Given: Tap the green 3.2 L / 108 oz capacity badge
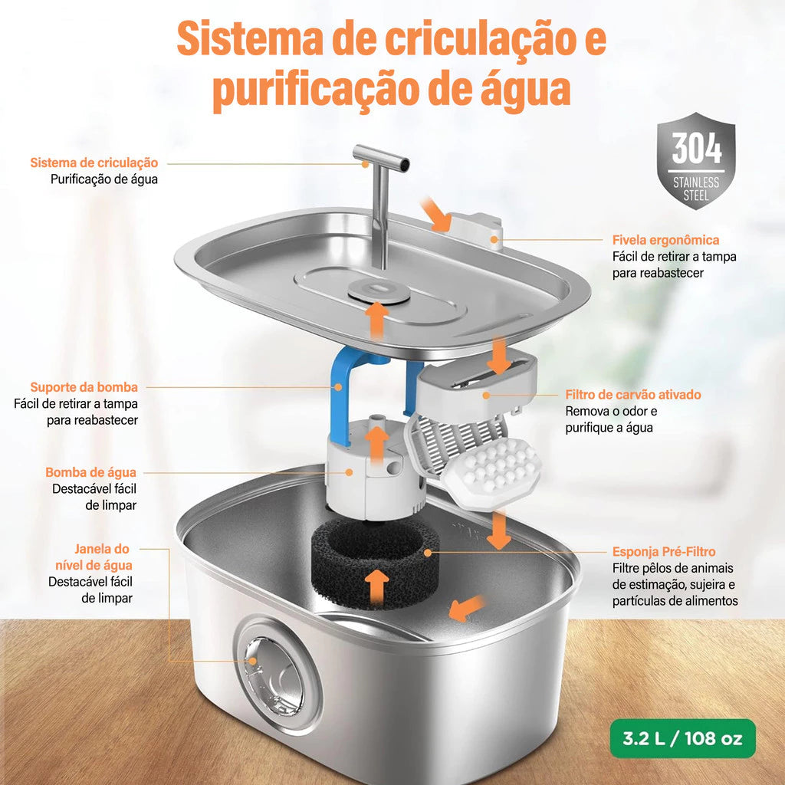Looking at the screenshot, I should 683,738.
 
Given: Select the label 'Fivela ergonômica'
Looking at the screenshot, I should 665,240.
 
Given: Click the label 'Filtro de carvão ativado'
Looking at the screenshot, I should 633,395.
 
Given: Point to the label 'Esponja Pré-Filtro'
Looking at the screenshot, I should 664,551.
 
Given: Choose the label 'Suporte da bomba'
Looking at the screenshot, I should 84,387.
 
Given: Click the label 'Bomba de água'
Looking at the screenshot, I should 90,472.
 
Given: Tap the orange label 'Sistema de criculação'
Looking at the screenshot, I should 94,163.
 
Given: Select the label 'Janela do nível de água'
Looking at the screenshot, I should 103,557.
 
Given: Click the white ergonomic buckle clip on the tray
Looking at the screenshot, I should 475,229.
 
